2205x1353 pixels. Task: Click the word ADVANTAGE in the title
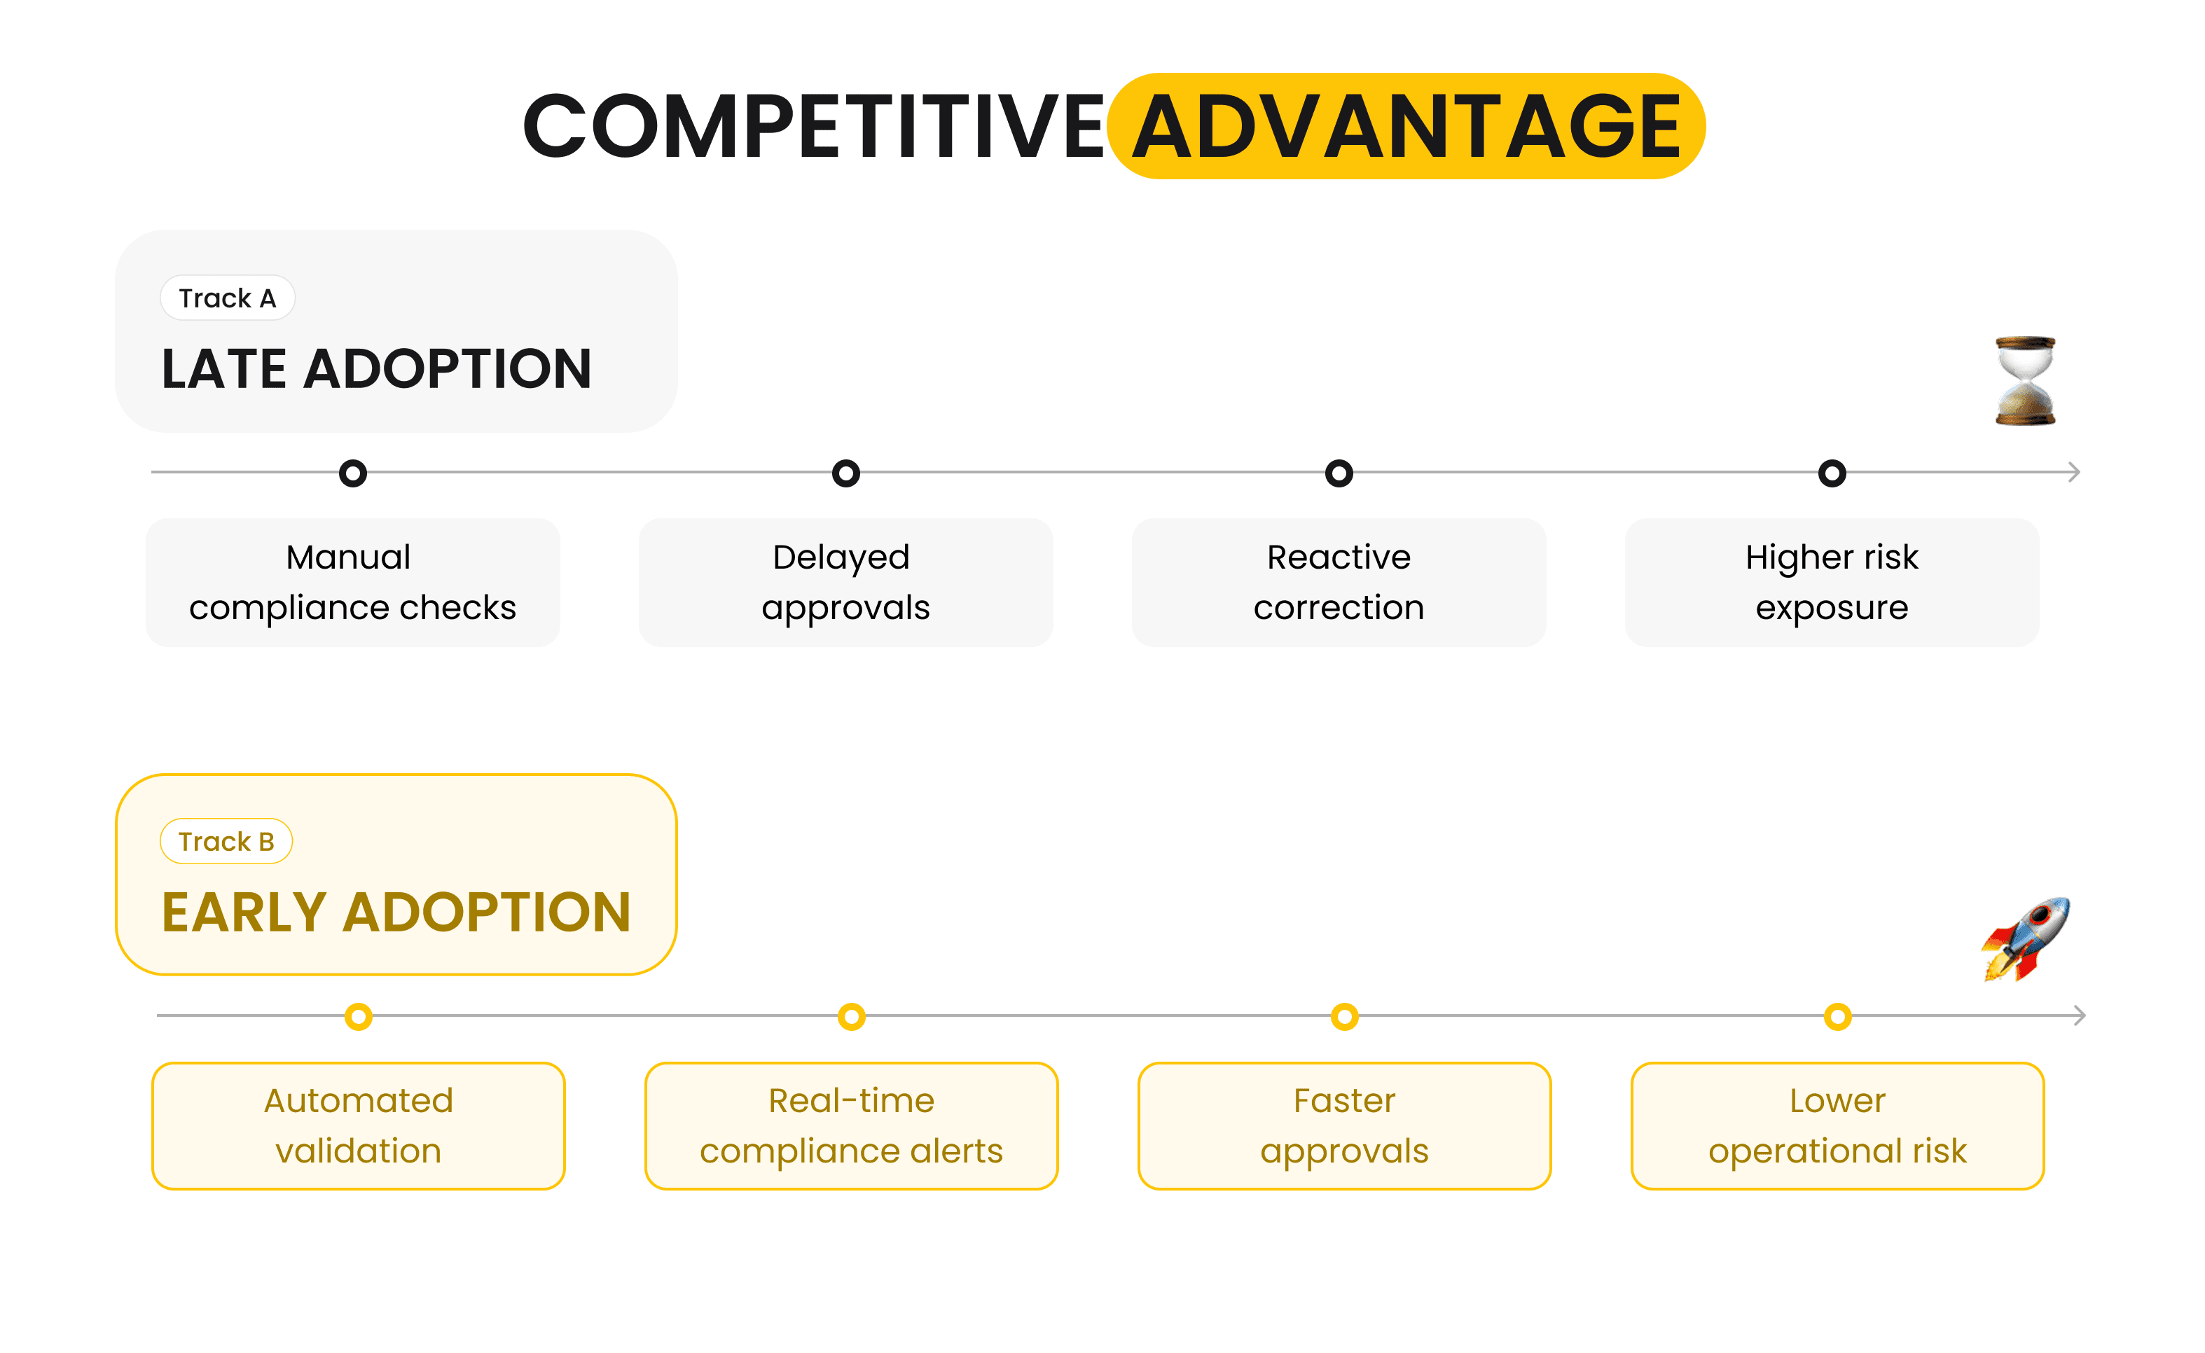[x=1406, y=126]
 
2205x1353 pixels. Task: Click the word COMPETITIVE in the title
[x=813, y=126]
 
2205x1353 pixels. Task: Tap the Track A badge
[x=228, y=298]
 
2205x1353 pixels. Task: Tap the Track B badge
[x=226, y=841]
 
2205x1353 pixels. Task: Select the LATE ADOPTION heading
[x=376, y=368]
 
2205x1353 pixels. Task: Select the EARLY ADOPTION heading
[x=396, y=912]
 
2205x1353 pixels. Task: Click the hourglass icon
[x=2025, y=381]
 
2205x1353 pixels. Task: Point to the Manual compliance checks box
[x=352, y=583]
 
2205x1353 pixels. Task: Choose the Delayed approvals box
[x=845, y=583]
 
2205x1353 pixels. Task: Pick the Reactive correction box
[x=1339, y=583]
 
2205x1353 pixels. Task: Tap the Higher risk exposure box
[x=1832, y=583]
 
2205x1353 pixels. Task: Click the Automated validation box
[x=358, y=1125]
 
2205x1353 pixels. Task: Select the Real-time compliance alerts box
[x=851, y=1125]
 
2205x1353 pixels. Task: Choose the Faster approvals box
[x=1344, y=1125]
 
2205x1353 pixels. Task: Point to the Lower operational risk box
[x=1837, y=1125]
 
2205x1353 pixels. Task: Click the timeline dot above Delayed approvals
[x=845, y=473]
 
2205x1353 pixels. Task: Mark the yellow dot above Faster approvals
[x=1344, y=1017]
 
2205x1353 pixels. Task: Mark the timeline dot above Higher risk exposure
[x=1832, y=473]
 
